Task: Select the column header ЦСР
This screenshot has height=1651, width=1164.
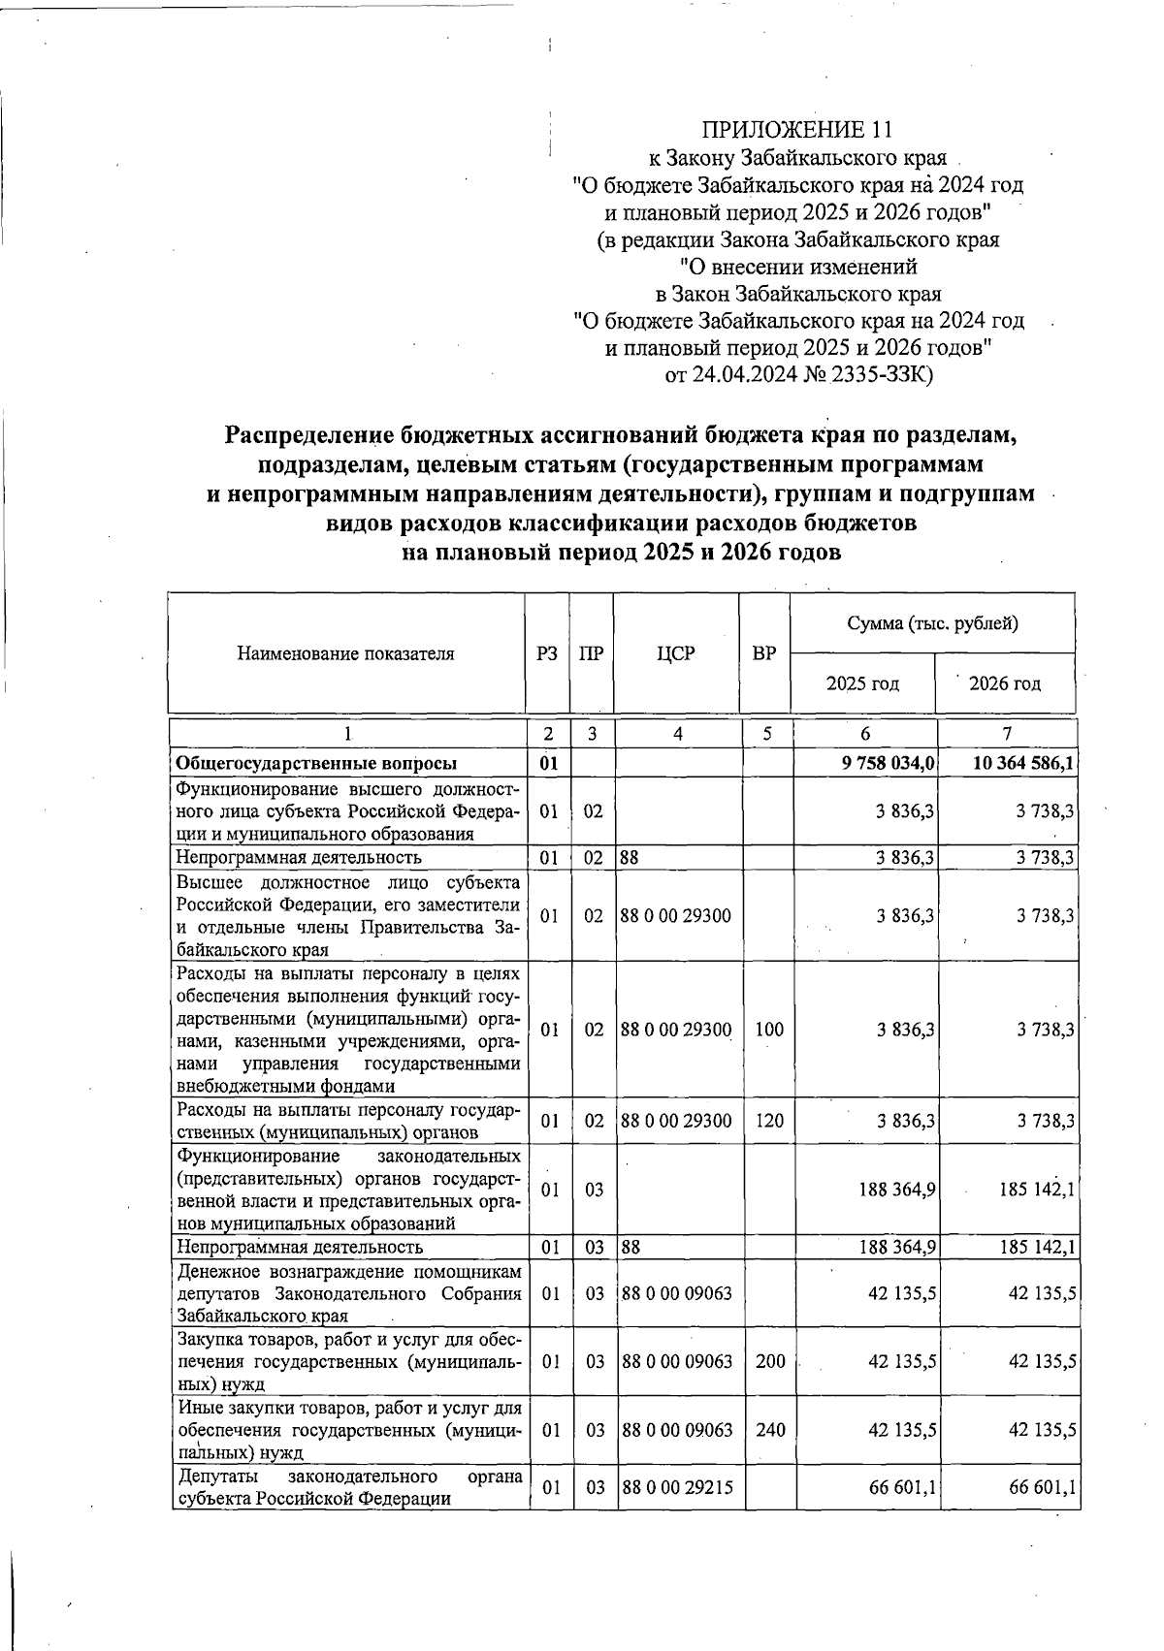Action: [676, 653]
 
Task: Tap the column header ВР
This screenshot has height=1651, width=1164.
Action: [764, 653]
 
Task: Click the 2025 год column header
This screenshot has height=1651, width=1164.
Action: [861, 683]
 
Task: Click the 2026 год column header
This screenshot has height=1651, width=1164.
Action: [1005, 683]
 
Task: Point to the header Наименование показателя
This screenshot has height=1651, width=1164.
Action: [345, 653]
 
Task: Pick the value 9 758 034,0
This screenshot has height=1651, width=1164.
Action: [888, 763]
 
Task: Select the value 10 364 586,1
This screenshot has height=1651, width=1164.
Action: [1024, 763]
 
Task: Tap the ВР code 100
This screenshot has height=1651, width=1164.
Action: [768, 1030]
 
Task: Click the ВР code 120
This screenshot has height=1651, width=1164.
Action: [768, 1121]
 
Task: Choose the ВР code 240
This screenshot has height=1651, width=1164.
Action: [769, 1430]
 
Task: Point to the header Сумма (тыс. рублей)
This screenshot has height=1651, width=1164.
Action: [932, 623]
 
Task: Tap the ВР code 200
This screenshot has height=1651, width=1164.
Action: [769, 1361]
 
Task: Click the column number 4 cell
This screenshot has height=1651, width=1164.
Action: [677, 734]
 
